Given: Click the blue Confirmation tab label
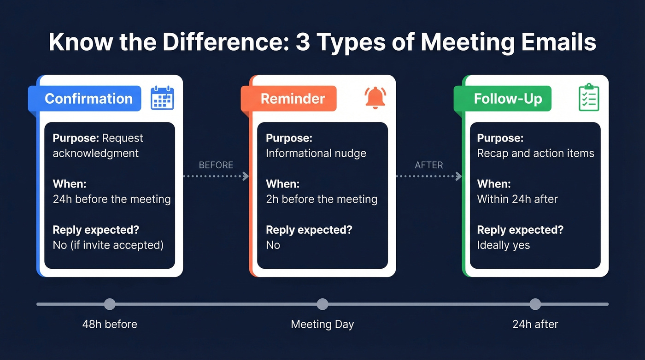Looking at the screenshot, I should [88, 99].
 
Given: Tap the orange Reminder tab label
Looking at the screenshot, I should [293, 99].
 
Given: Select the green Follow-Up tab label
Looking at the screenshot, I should [508, 99].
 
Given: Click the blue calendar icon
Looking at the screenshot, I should [162, 98].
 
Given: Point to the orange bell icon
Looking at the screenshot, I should [375, 98].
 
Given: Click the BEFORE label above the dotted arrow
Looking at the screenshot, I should [216, 165].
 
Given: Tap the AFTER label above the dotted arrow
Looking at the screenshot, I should [428, 165].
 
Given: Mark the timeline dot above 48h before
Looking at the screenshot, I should [110, 304].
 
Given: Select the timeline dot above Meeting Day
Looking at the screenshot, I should [322, 304].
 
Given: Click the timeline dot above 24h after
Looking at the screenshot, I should [535, 304].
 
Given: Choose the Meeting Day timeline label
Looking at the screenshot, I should [322, 325].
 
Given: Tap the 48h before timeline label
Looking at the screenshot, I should [110, 325].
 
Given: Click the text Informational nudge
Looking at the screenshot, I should [316, 153].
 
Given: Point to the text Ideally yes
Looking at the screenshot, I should [503, 245].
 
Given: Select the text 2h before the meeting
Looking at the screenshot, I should [322, 199].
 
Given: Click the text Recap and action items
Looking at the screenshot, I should [535, 153].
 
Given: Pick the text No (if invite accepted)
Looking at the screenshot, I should [108, 245].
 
